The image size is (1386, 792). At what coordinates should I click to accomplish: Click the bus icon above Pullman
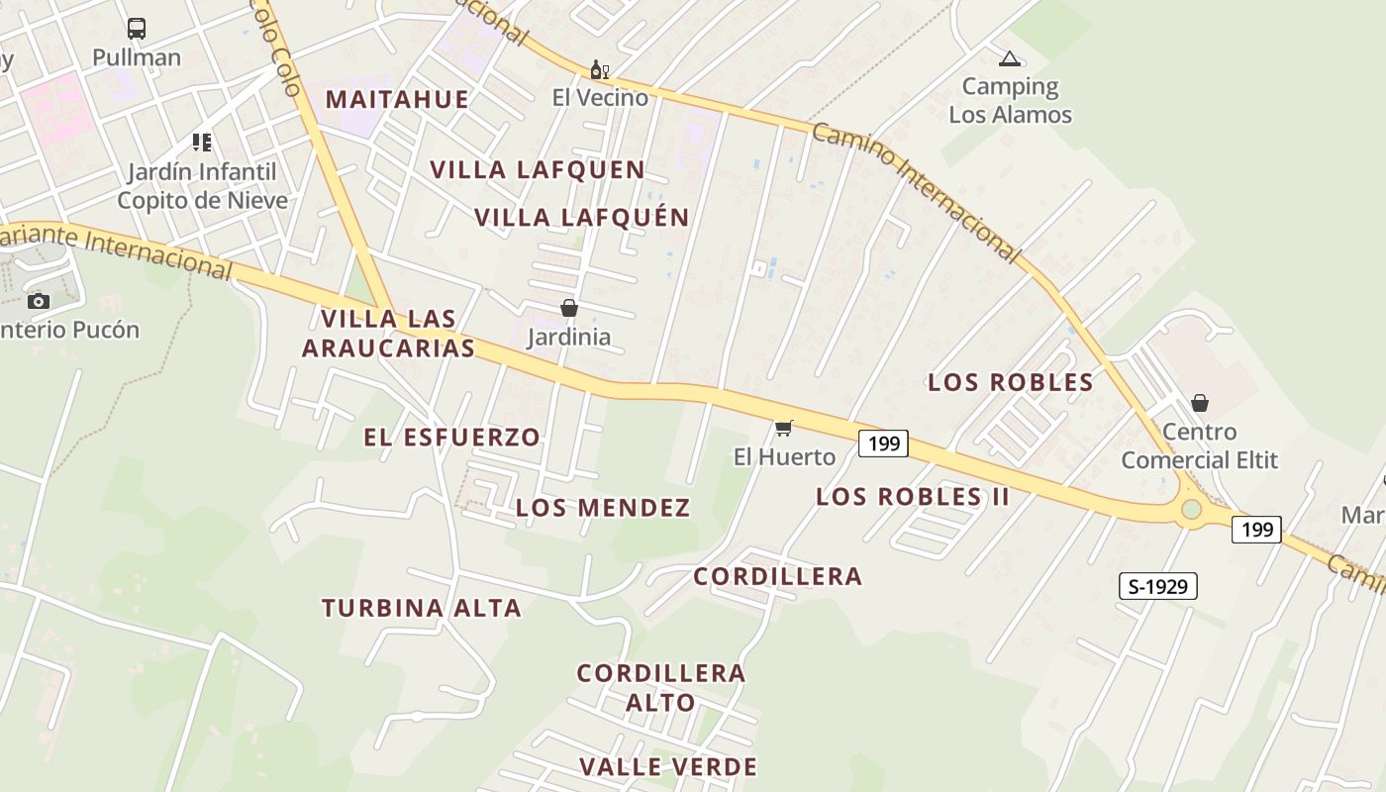[137, 29]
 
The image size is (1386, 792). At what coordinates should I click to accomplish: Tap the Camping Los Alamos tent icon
[1009, 59]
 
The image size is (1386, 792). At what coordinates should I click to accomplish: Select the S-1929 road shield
[1157, 586]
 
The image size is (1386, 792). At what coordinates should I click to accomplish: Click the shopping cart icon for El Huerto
[784, 428]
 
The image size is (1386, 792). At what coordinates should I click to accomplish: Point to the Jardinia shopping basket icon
[569, 308]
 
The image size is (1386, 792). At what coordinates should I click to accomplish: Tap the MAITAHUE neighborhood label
[397, 99]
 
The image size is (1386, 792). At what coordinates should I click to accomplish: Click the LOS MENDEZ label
[603, 508]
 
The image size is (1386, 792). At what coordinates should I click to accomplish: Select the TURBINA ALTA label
[422, 608]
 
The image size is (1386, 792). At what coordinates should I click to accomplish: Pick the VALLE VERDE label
[668, 766]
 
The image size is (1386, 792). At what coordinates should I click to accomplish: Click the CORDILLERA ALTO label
[661, 687]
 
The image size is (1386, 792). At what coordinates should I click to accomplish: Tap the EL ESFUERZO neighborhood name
[452, 437]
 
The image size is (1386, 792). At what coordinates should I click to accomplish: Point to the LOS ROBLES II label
[913, 496]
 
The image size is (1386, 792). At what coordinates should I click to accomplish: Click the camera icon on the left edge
[39, 301]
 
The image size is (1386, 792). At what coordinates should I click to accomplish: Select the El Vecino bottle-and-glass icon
[599, 69]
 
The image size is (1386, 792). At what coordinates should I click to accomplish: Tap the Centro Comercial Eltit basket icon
[1200, 403]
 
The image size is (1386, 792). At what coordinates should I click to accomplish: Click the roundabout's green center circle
[1191, 509]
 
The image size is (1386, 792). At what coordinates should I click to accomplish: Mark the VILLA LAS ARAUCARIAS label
[388, 334]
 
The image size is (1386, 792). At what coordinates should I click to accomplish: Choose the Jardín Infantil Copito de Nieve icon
[202, 143]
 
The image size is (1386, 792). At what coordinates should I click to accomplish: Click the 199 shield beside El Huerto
[883, 444]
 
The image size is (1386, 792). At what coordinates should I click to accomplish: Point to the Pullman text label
[137, 57]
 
